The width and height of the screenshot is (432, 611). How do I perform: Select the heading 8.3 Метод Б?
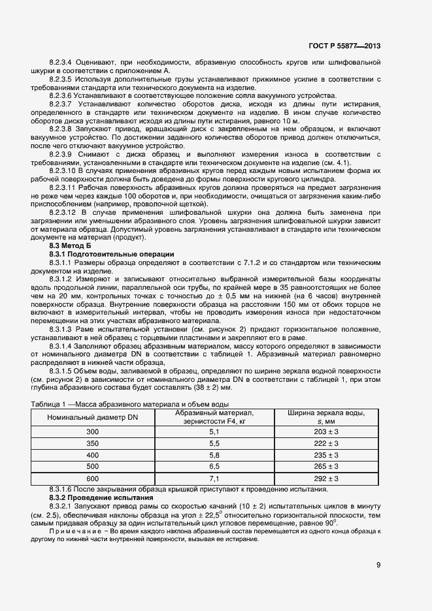point(67,245)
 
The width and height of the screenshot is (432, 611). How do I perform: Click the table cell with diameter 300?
point(92,431)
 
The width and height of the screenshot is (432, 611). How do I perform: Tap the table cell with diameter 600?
point(92,478)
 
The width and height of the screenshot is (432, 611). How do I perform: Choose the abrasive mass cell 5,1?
point(214,431)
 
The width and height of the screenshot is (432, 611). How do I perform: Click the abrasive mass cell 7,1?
point(214,478)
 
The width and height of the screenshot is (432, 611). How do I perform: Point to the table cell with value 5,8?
point(214,455)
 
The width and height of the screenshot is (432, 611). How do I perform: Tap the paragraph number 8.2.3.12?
point(63,213)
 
